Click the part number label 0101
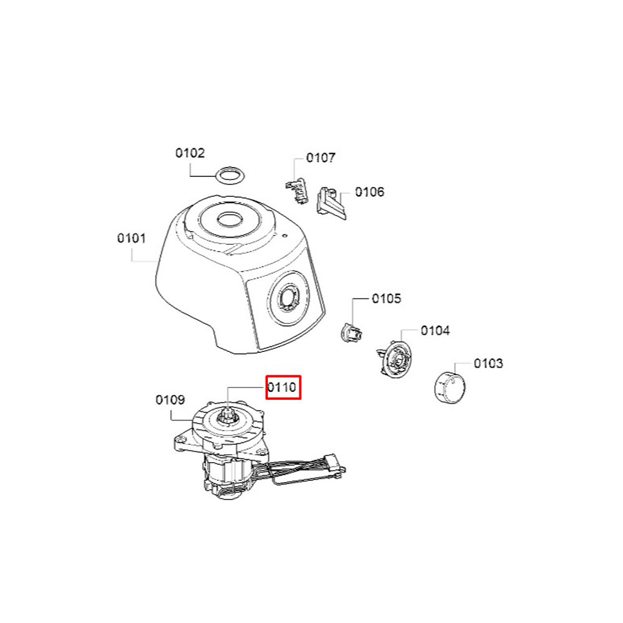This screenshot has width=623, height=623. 131,239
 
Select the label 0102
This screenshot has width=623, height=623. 190,153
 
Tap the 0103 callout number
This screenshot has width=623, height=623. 488,363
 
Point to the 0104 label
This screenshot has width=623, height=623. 435,331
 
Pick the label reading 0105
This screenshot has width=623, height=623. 386,298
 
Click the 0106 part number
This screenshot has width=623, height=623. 369,192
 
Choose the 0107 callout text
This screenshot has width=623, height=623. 321,158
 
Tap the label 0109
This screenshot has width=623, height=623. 170,400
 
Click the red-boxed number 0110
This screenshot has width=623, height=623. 282,387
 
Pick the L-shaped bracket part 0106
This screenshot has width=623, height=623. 331,203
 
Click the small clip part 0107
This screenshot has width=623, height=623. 297,191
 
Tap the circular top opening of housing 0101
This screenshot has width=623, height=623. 229,219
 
